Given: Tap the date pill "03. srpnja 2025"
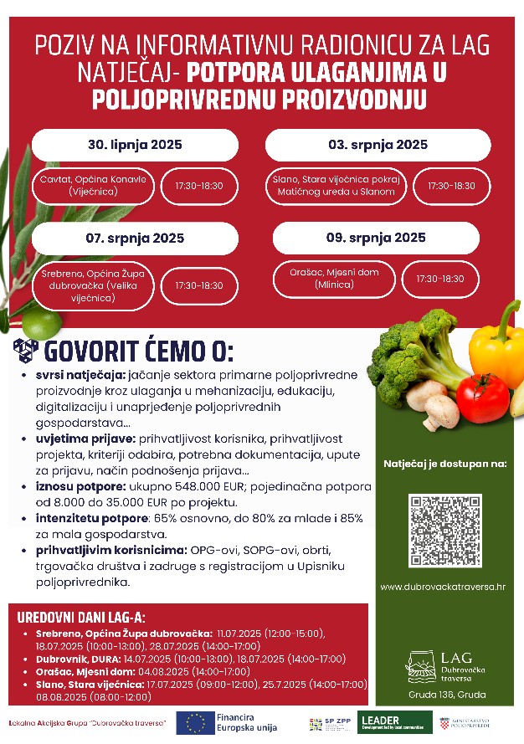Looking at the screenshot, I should click(378, 145).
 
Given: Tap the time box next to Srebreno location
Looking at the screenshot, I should click(199, 285).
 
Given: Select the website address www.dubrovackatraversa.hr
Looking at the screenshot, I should click(443, 587).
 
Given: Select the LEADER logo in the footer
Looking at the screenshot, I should click(395, 722).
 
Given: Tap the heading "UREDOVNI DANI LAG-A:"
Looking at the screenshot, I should click(81, 618).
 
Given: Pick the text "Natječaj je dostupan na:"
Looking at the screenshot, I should click(444, 463).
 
